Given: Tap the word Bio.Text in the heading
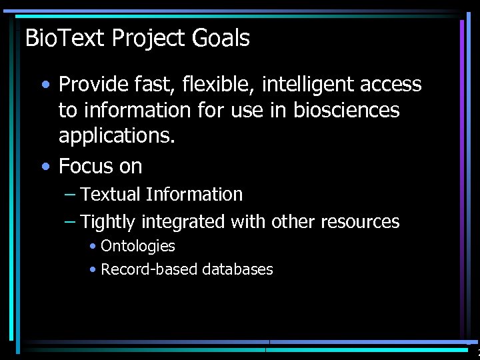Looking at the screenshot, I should [65, 39].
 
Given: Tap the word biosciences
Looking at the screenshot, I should [346, 110].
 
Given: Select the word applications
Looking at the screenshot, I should [117, 135].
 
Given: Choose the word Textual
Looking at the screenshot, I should [111, 195].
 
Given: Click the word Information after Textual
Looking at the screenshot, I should [194, 195].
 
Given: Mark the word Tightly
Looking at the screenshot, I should [107, 221].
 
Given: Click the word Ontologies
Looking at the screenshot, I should [138, 246].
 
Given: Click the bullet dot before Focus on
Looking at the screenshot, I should [44, 165].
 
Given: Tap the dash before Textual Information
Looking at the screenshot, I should [70, 195].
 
